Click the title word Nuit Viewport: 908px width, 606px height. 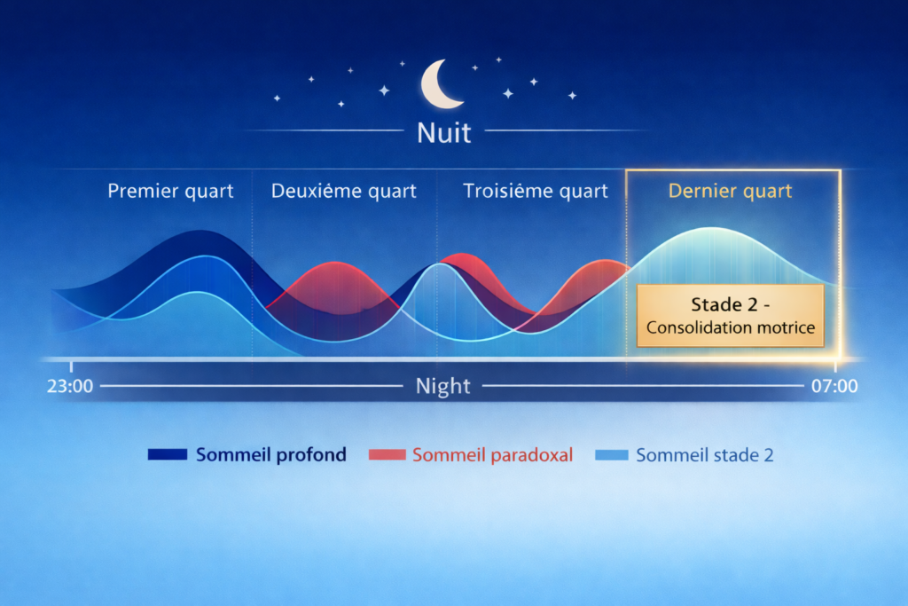[444, 133]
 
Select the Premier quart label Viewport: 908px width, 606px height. [170, 191]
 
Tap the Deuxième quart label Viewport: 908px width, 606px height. [343, 191]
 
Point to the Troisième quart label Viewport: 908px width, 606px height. [536, 191]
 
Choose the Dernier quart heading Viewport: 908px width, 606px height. [731, 191]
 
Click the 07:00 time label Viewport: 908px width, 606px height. [834, 386]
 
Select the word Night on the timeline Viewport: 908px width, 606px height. [443, 386]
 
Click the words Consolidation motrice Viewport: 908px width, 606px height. [730, 327]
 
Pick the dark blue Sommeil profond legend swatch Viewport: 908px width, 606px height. [167, 455]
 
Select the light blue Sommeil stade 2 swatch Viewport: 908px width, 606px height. [610, 455]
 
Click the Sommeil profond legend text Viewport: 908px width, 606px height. [270, 455]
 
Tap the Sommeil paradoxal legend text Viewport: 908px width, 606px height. [492, 455]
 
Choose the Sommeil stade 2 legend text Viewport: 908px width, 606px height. [705, 455]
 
